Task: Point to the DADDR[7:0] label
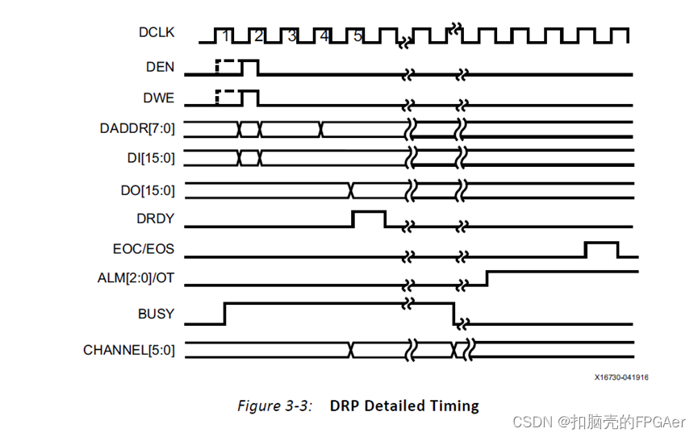click(137, 128)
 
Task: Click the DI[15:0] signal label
click(145, 157)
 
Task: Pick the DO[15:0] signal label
click(144, 189)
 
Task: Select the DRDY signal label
click(155, 218)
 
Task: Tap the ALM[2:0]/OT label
click(131, 279)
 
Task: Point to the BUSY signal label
click(155, 314)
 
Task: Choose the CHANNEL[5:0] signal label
click(128, 350)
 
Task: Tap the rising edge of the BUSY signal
click(224, 313)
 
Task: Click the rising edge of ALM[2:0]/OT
click(487, 277)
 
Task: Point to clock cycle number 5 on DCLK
click(357, 35)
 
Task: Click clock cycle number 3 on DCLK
click(291, 35)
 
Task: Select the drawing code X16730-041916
click(621, 377)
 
